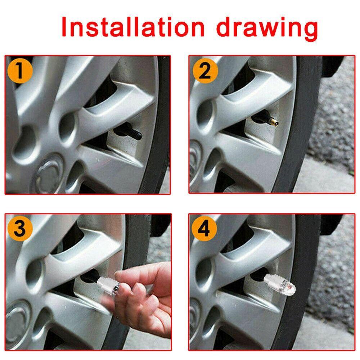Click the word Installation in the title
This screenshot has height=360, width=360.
point(132,27)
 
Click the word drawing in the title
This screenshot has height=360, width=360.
point(267,29)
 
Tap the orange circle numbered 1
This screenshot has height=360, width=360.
point(20,71)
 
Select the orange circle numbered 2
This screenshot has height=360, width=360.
point(205,71)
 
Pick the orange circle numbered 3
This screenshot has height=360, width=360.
point(20,229)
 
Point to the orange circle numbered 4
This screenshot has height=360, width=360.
point(204,229)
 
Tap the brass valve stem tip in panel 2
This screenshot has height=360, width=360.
point(274,122)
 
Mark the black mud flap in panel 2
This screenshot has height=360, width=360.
point(332,66)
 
